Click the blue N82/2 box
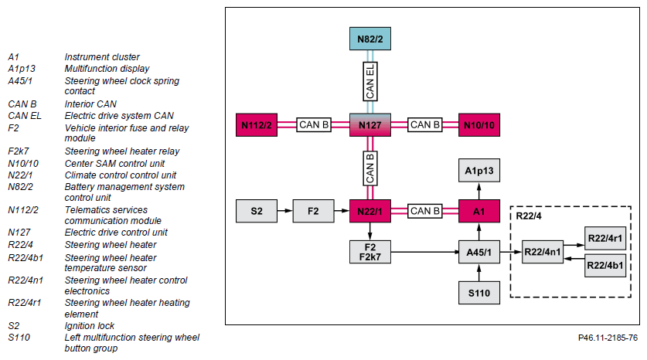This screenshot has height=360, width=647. point(370,37)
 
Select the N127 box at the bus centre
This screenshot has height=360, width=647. point(370,124)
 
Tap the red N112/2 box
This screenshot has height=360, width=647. point(257,124)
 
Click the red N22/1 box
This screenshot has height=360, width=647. point(370,211)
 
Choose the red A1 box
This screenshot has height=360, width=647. point(479,211)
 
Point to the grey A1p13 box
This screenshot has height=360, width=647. point(479,170)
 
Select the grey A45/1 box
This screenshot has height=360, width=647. point(479,251)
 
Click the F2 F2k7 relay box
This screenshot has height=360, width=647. point(370,251)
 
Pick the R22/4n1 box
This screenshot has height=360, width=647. point(541,251)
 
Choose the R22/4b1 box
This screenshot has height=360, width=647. point(605,265)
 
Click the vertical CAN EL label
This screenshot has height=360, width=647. point(370,80)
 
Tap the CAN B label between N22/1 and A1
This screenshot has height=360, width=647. point(424,211)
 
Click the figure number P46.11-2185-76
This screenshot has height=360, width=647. point(608,338)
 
